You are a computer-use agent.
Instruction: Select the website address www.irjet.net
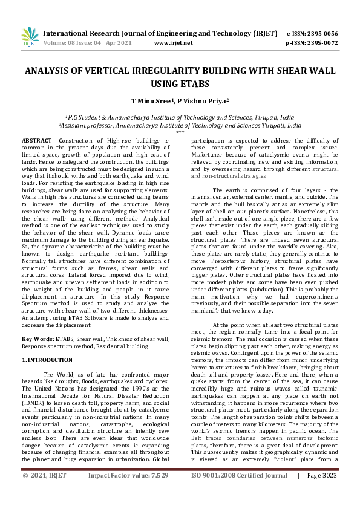[x=174, y=44]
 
